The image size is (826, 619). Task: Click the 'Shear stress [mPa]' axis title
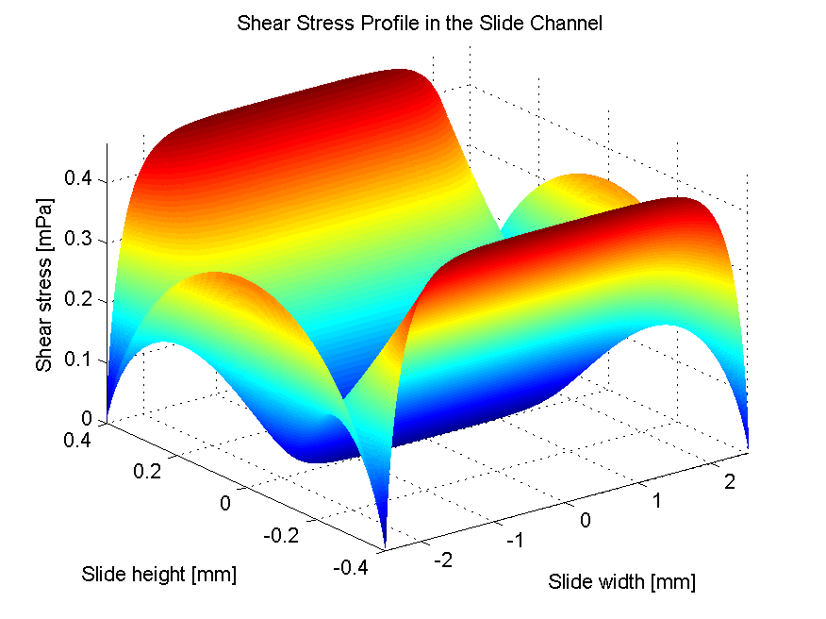(43, 284)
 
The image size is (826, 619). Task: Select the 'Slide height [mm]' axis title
(158, 574)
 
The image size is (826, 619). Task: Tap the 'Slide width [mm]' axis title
(621, 582)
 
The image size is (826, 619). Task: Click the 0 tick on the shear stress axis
(88, 419)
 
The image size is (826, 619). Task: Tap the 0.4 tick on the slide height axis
(79, 440)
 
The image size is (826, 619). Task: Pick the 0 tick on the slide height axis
(225, 503)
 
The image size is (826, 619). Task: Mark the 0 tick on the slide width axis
(586, 519)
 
